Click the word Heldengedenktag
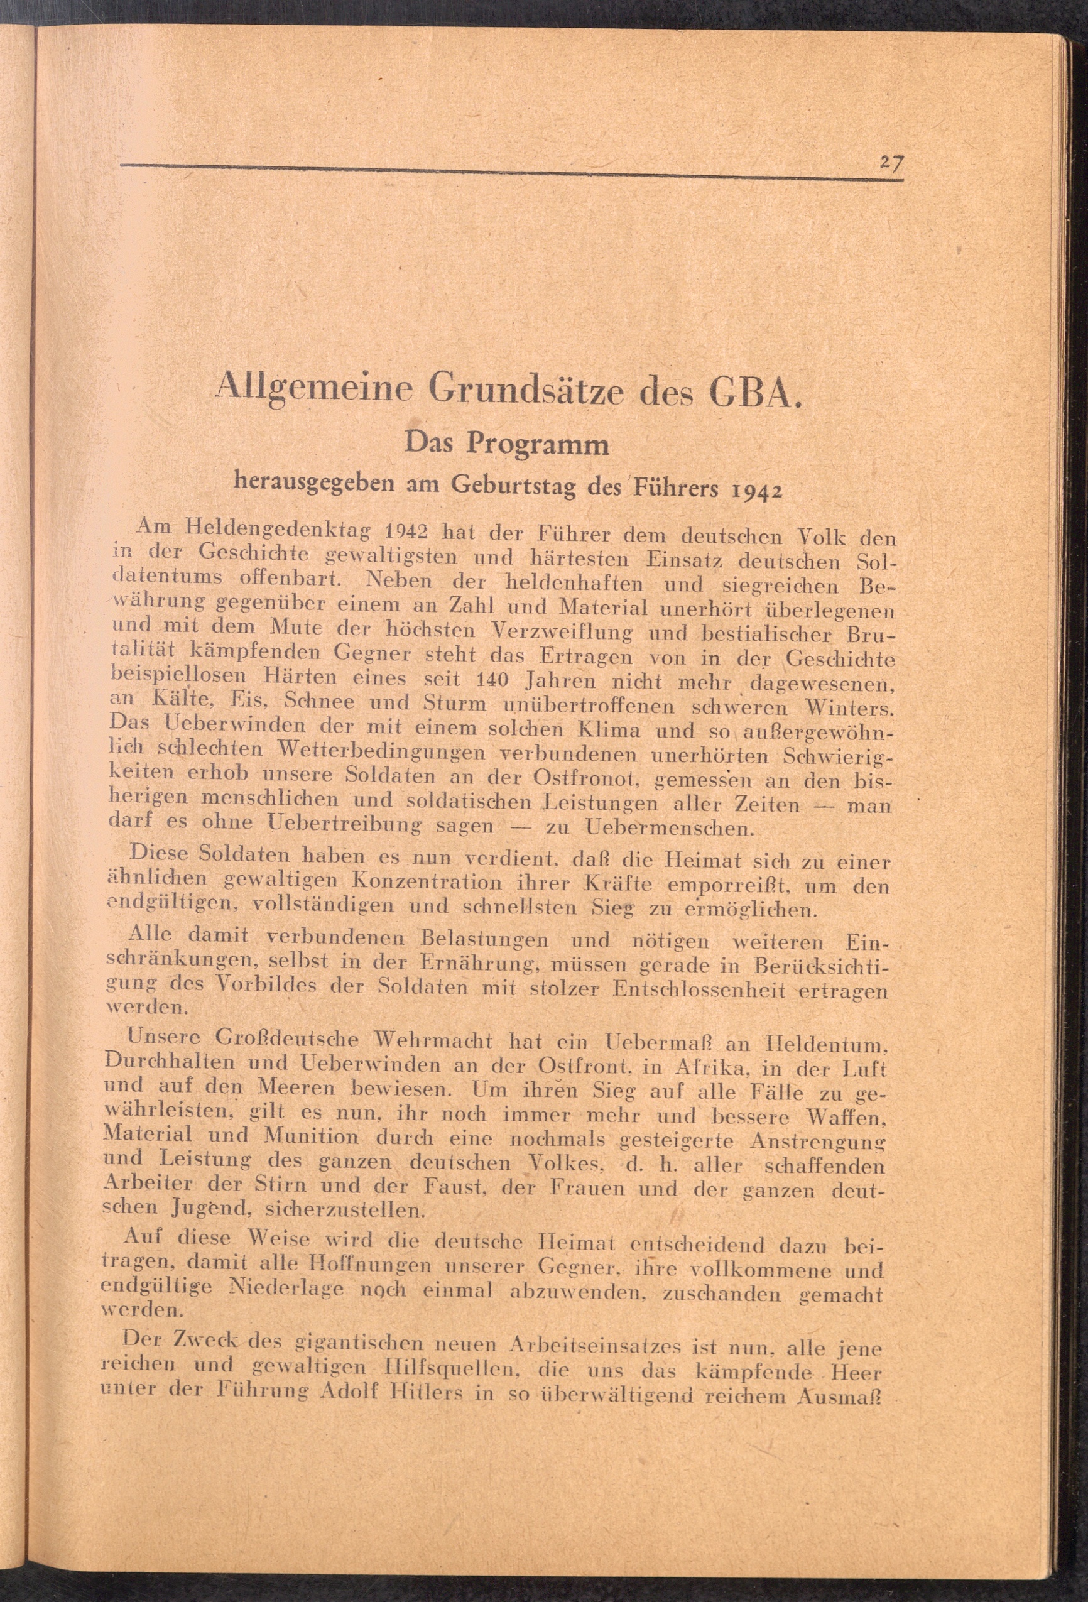click(278, 531)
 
